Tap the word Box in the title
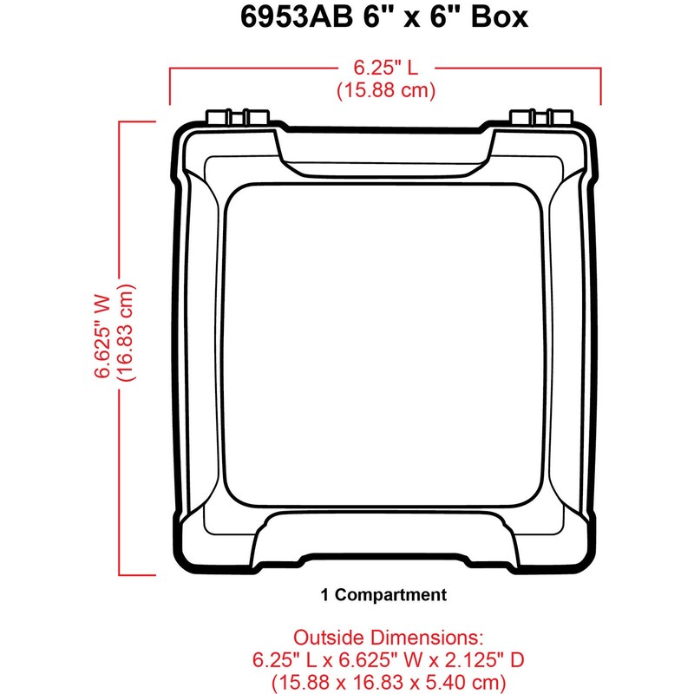(497, 18)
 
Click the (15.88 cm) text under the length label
(385, 89)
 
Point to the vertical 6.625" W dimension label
(102, 337)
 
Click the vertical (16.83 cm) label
(127, 337)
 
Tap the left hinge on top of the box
(236, 117)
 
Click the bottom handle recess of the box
(386, 534)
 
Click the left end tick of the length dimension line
(171, 85)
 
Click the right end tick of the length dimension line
(602, 85)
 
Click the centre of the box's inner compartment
(386, 347)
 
